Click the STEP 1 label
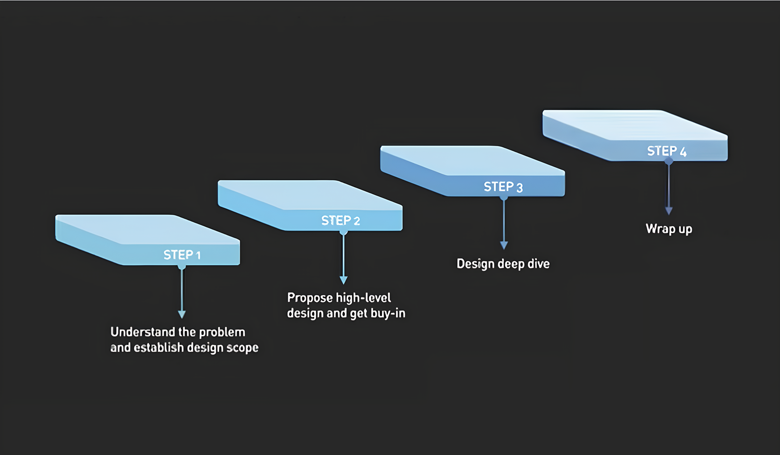pos(182,255)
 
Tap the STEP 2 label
pos(340,220)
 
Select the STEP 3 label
pos(503,187)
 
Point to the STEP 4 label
pos(667,151)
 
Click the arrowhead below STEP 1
pos(182,315)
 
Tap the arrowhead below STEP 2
pos(344,280)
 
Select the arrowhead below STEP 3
pos(504,245)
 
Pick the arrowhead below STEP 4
pos(669,211)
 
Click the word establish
pos(158,348)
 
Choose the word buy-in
pos(388,314)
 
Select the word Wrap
pos(661,229)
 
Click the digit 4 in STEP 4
pos(683,152)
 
